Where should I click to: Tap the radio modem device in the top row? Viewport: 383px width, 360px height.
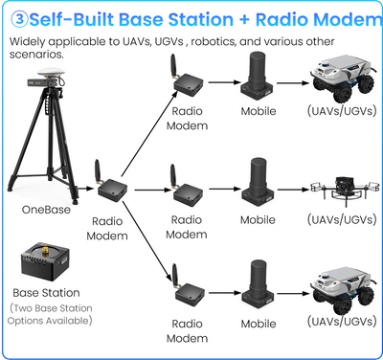tap(186, 79)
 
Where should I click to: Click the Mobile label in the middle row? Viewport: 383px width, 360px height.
tap(258, 220)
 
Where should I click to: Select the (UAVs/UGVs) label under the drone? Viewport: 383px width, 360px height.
tap(342, 220)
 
